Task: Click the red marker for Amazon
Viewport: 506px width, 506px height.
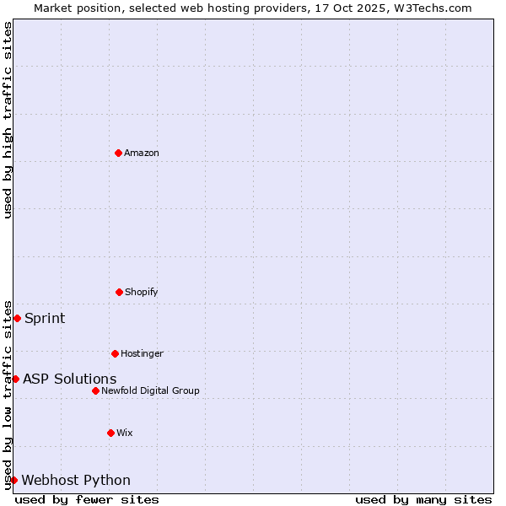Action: tap(118, 153)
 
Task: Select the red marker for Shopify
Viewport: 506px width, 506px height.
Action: tap(119, 292)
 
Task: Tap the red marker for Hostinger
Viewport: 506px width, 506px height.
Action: tap(115, 353)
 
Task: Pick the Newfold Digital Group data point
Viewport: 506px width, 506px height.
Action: tap(95, 390)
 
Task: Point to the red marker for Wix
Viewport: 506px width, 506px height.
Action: tap(110, 433)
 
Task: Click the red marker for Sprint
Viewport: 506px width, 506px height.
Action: tap(17, 318)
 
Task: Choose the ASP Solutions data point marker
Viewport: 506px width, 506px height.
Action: tap(15, 379)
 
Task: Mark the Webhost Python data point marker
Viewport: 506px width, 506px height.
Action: tap(13, 480)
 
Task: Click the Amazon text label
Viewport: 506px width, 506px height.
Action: tap(142, 153)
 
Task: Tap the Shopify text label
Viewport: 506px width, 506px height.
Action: tap(142, 292)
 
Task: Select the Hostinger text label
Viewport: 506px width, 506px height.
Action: tap(142, 353)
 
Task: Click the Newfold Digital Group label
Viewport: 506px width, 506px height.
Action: tap(150, 390)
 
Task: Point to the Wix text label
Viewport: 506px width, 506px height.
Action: tap(125, 433)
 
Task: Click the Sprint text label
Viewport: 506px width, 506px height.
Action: tap(45, 318)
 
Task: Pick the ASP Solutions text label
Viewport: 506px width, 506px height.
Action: tap(70, 379)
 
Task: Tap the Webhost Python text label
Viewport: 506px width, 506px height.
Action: tap(76, 480)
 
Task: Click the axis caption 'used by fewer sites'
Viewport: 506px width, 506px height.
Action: tap(87, 499)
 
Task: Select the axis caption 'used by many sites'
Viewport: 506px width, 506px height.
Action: tap(423, 499)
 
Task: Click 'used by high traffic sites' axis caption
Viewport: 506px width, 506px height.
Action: tap(8, 120)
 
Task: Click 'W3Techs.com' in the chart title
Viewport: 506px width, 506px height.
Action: tap(431, 8)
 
